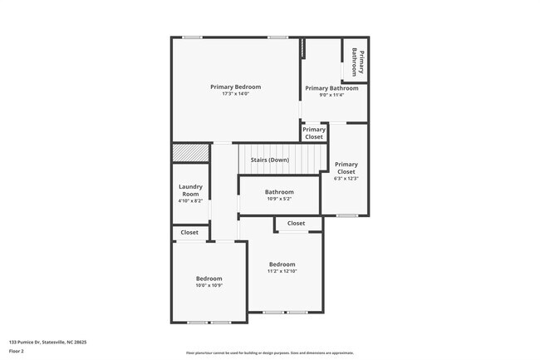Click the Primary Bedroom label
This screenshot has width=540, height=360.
coord(235,87)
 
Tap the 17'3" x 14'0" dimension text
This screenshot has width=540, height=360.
coord(235,94)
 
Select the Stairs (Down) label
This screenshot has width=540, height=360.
coord(269,160)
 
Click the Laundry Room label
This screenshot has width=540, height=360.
coord(190,190)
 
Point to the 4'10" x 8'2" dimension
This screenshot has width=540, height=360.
coord(190,200)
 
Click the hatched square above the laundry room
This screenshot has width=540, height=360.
coord(190,153)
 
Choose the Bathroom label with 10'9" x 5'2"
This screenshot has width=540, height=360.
coord(279,192)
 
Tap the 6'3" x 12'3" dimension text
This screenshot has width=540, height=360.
coord(346,178)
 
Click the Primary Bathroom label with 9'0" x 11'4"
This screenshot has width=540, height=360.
coord(331,88)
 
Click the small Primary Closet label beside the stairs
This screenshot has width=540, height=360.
coord(314,133)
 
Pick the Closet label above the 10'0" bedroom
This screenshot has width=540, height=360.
coord(189,233)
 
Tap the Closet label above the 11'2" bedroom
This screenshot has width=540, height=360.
coord(296,224)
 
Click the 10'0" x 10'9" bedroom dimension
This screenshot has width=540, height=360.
coord(209,285)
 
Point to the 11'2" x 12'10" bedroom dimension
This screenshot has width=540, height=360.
coord(282,271)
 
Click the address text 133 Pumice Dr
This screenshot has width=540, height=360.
coord(48,341)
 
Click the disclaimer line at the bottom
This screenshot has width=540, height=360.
coord(269,353)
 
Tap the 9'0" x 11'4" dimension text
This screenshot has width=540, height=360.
coord(331,95)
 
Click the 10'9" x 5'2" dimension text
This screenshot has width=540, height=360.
coord(279,199)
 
